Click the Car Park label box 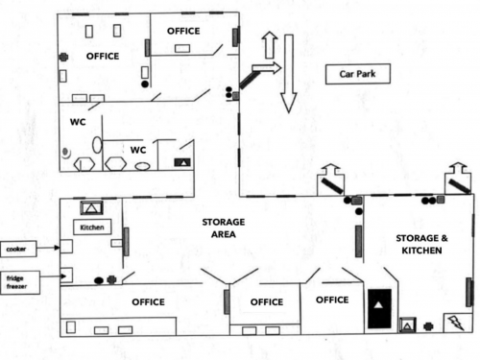pyautogui.click(x=358, y=74)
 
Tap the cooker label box pyautogui.click(x=18, y=249)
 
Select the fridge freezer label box pyautogui.click(x=20, y=282)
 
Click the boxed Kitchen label pyautogui.click(x=92, y=228)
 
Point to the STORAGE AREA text pyautogui.click(x=224, y=228)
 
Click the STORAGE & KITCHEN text pyautogui.click(x=421, y=244)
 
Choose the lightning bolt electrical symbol pyautogui.click(x=458, y=323)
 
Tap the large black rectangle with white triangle pyautogui.click(x=379, y=308)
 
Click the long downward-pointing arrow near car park pyautogui.click(x=289, y=74)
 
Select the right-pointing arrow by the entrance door pyautogui.click(x=267, y=68)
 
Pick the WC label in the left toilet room pyautogui.click(x=78, y=122)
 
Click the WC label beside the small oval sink pyautogui.click(x=138, y=150)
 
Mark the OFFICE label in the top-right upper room pyautogui.click(x=183, y=31)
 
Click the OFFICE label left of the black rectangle pyautogui.click(x=332, y=300)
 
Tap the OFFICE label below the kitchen pyautogui.click(x=148, y=301)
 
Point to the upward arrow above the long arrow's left pyautogui.click(x=270, y=45)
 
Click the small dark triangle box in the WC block pyautogui.click(x=182, y=162)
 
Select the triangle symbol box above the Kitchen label pyautogui.click(x=91, y=208)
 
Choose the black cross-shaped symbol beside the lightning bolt pyautogui.click(x=428, y=326)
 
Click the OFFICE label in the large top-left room pyautogui.click(x=103, y=57)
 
